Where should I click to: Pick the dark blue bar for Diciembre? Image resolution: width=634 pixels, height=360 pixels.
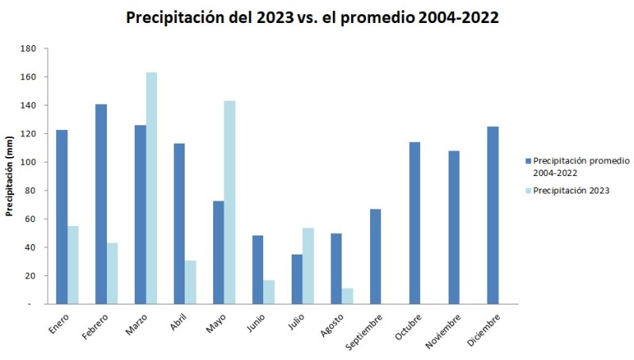click(x=493, y=215)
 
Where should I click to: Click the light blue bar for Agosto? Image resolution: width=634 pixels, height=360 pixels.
click(x=347, y=296)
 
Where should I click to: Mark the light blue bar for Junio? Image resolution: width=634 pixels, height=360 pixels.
click(x=269, y=292)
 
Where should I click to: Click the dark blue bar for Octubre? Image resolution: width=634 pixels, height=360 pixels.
click(x=414, y=223)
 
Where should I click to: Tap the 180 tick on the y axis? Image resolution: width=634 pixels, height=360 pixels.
click(x=29, y=48)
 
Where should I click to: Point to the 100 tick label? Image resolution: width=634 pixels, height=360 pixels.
click(x=29, y=163)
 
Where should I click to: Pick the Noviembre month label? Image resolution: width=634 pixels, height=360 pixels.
click(x=443, y=332)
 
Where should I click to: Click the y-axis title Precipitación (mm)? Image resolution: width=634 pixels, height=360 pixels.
click(x=10, y=175)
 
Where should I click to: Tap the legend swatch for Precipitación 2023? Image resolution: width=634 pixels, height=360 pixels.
click(x=527, y=190)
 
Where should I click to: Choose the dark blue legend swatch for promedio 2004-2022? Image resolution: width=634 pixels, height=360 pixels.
click(x=527, y=160)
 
